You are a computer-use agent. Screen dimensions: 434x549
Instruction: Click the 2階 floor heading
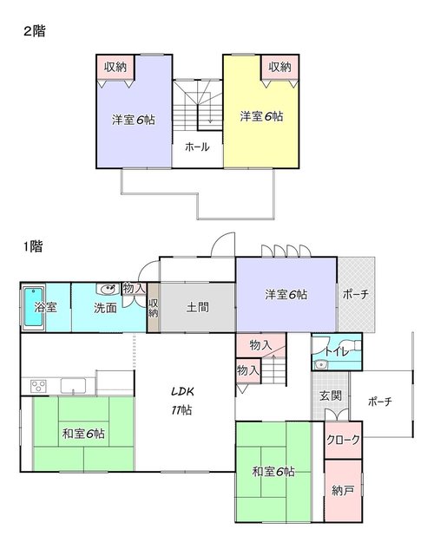(x=35, y=31)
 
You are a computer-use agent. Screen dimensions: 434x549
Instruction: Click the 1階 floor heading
(x=33, y=246)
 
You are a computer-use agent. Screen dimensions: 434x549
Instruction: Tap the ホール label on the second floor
(x=197, y=147)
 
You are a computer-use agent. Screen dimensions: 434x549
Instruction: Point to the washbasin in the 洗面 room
(x=108, y=289)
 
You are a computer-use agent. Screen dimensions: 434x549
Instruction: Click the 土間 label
(x=198, y=307)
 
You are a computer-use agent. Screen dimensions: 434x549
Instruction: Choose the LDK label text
(x=182, y=391)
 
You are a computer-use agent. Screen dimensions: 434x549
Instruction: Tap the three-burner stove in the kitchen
(x=38, y=386)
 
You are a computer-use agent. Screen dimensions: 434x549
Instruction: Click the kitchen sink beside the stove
(x=73, y=386)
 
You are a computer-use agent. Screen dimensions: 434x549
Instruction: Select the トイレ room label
(x=337, y=351)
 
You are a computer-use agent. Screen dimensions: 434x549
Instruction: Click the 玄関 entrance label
(x=331, y=396)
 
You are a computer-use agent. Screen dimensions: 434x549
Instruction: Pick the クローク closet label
(x=343, y=440)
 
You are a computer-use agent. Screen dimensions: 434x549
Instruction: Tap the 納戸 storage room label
(x=343, y=491)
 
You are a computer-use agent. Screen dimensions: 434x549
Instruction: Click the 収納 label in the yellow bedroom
(x=279, y=67)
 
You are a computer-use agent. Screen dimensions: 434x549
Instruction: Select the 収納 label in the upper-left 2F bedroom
(x=115, y=67)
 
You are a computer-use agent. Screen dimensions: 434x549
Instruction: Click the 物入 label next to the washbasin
(x=134, y=289)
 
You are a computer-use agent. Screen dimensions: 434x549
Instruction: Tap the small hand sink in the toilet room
(x=319, y=364)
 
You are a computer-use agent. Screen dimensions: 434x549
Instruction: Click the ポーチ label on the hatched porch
(x=356, y=294)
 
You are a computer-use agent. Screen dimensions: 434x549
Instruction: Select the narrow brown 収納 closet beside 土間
(x=153, y=308)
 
